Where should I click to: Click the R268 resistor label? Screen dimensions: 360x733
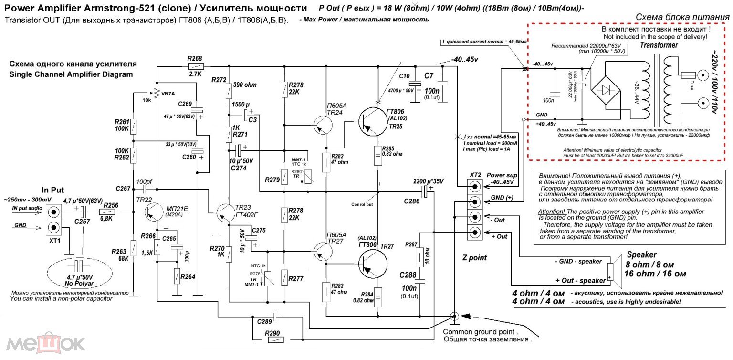coord(195,58)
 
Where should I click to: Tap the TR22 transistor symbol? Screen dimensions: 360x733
coord(156,212)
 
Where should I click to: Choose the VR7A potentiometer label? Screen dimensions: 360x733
coord(168,94)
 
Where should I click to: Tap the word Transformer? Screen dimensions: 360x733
coord(659,45)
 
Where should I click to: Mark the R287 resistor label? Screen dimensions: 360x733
coord(411,244)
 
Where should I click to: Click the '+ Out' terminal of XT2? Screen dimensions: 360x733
coord(474,232)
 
